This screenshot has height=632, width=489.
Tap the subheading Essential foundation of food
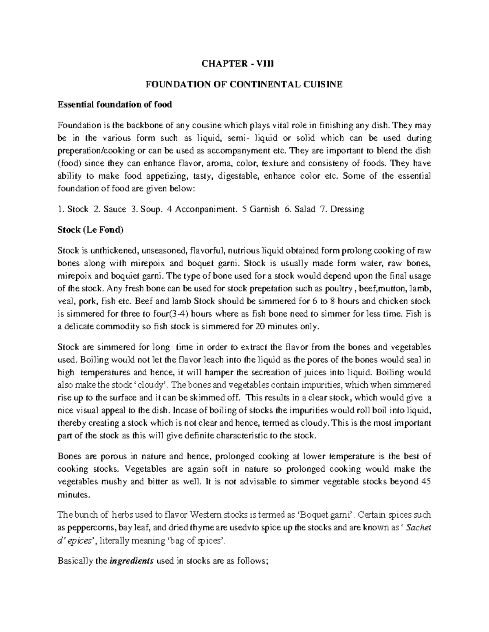115,105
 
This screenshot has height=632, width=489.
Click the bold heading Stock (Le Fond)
90,230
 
